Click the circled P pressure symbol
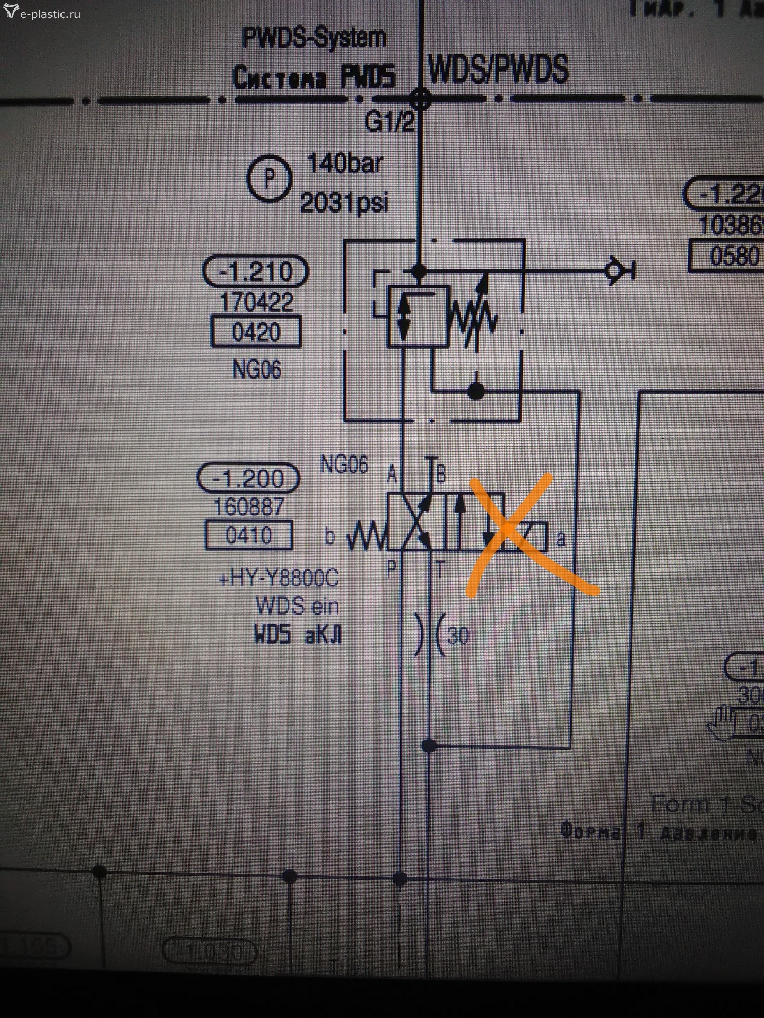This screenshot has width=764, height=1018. tap(270, 178)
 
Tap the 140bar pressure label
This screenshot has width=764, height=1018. tap(344, 164)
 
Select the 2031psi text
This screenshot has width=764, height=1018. tap(344, 203)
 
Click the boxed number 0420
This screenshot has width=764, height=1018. tap(256, 332)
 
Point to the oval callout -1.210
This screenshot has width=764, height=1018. tap(255, 271)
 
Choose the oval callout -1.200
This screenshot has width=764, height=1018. tap(248, 478)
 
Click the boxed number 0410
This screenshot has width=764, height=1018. tap(248, 535)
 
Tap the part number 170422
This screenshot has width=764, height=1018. tap(256, 302)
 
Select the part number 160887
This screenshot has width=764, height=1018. tap(248, 507)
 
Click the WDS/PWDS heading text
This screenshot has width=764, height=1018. tap(498, 69)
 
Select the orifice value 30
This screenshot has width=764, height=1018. tap(458, 635)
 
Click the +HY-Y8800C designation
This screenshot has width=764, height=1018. tap(279, 578)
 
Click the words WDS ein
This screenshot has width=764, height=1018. tap(297, 605)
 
